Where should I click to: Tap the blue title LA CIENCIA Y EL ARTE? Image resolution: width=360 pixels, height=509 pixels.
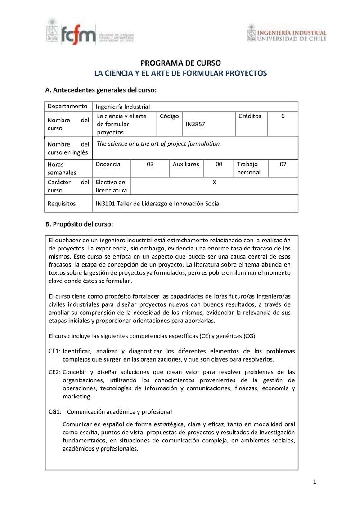180,73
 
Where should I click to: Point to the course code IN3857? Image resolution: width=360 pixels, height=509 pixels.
196,124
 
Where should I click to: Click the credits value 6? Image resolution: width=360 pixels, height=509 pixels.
283,116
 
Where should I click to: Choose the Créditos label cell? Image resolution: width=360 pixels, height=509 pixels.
250,116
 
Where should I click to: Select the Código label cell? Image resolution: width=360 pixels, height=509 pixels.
169,116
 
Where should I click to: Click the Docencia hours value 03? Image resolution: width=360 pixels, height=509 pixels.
150,165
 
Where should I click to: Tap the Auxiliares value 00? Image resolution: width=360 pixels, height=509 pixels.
219,165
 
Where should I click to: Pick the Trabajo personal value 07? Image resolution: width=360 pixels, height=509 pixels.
283,165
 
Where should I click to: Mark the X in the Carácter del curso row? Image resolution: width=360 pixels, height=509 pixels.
214,182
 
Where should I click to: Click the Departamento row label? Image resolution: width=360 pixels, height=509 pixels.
67,106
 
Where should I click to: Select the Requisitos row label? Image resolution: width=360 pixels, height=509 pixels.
62,204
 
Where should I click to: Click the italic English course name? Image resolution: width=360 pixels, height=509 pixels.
158,144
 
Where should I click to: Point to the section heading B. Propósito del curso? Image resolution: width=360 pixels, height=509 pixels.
79,224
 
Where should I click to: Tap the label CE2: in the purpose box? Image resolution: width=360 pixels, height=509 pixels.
54,372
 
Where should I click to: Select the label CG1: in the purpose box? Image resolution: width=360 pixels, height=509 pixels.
54,412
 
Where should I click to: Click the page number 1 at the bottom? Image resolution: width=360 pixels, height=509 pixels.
315,483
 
